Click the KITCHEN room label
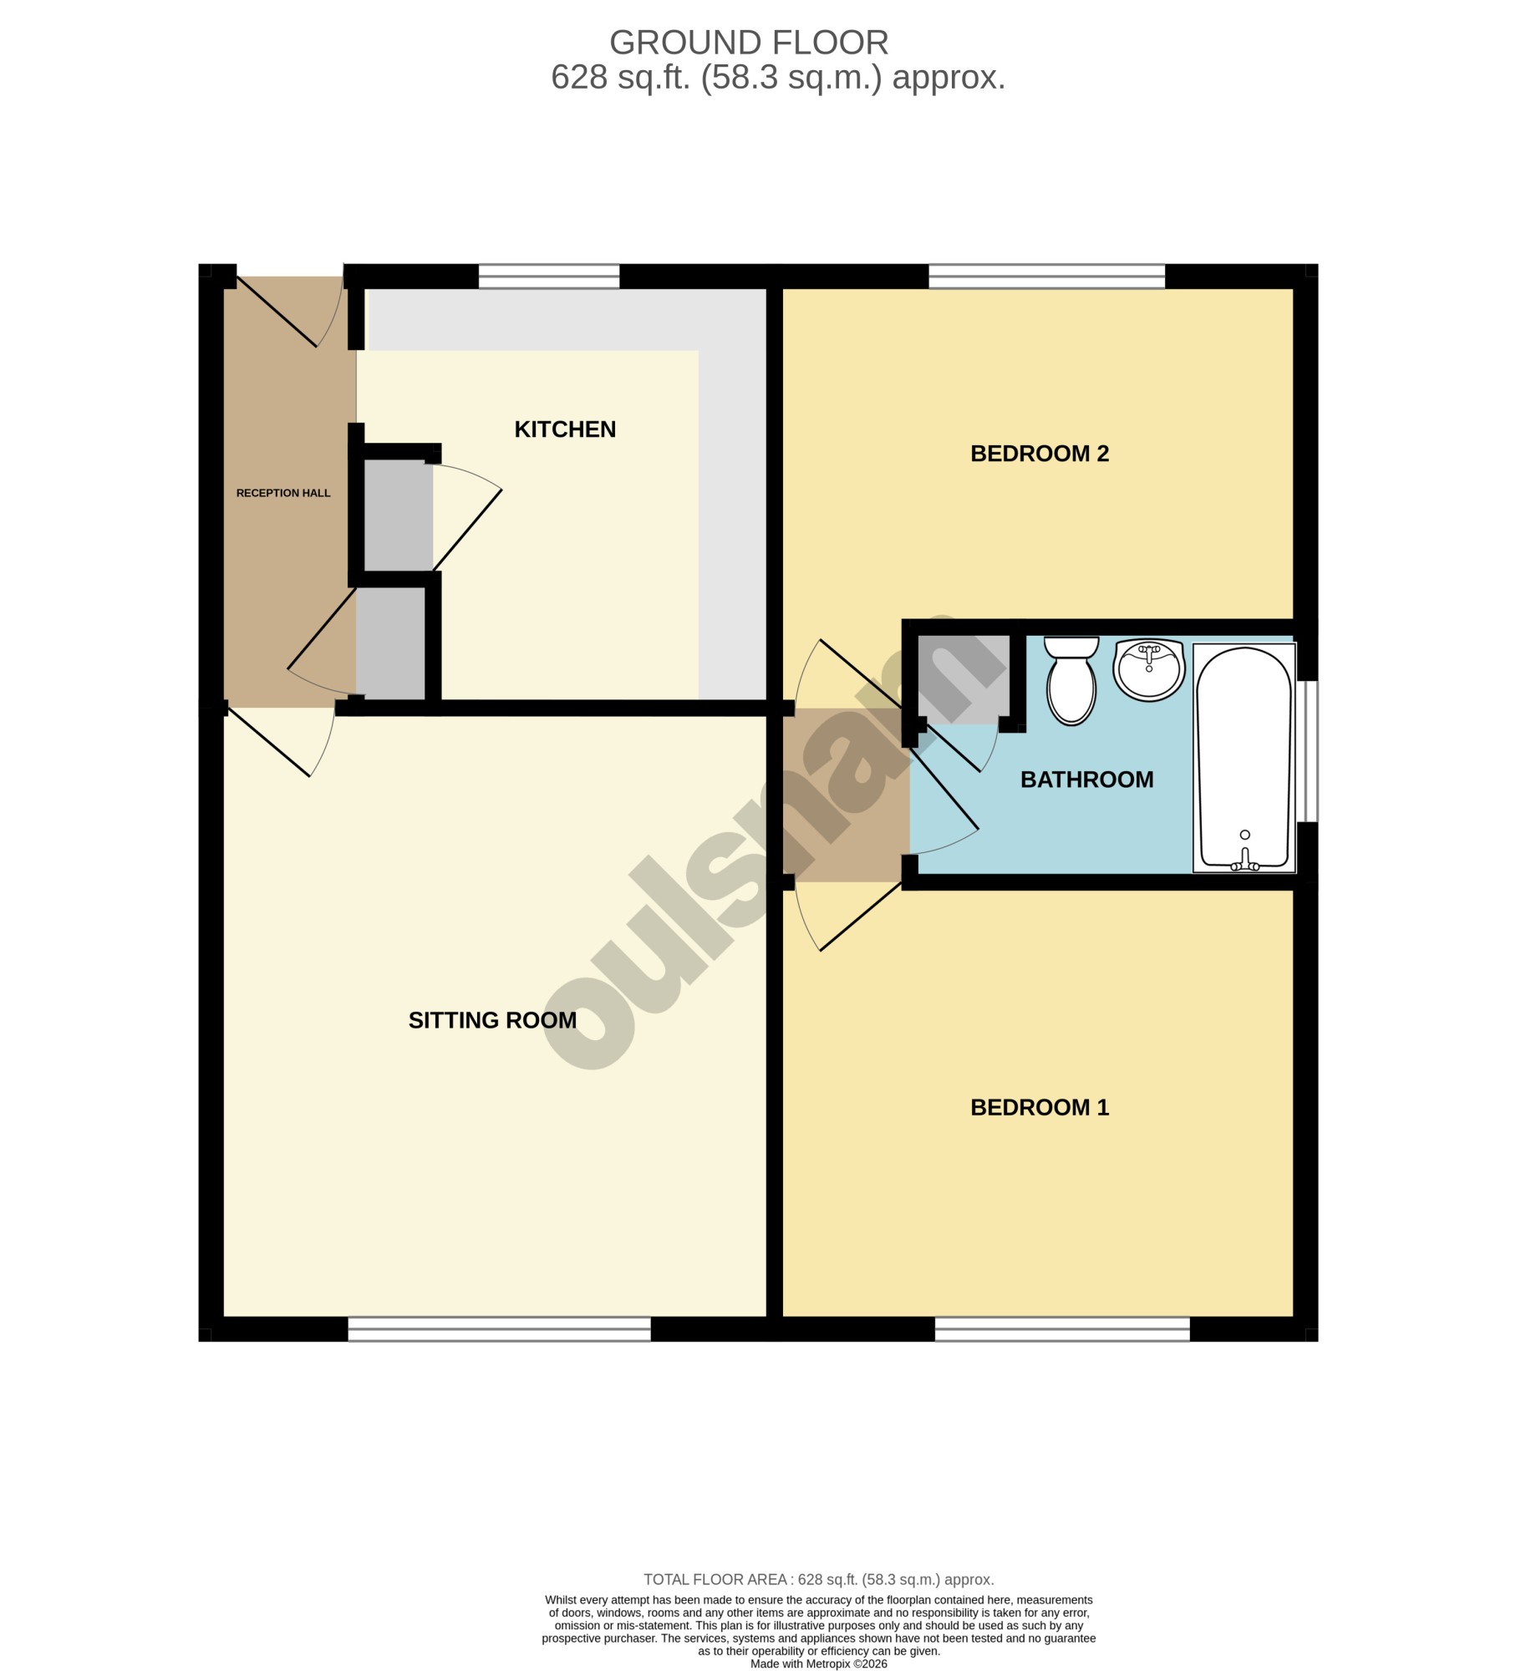(x=565, y=429)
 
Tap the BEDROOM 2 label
(x=1040, y=454)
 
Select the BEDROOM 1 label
(x=1040, y=1108)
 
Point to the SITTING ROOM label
(x=492, y=1020)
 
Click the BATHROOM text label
(x=1086, y=780)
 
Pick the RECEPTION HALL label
(x=283, y=493)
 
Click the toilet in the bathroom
(x=1071, y=680)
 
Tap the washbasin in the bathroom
(x=1149, y=670)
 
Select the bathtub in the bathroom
(x=1244, y=758)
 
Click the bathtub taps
(x=1245, y=861)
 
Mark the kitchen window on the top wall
(x=549, y=277)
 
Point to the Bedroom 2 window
(x=1047, y=277)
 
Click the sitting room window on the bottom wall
(x=499, y=1329)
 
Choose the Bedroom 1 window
(x=1062, y=1329)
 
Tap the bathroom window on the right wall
(x=1306, y=751)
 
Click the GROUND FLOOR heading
(x=749, y=43)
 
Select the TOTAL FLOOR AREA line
(x=818, y=1580)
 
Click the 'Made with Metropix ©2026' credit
(x=819, y=1663)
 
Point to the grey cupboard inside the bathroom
(x=964, y=678)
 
